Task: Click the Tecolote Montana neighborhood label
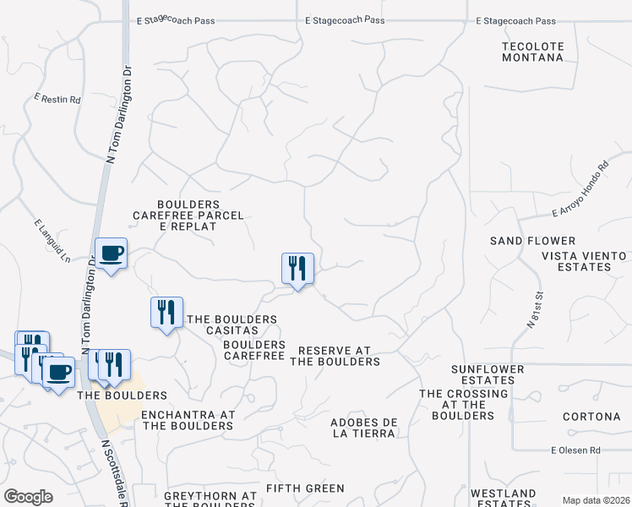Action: click(532, 51)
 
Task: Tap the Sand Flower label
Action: click(532, 241)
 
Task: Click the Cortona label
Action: click(591, 417)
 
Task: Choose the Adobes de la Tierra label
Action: click(362, 428)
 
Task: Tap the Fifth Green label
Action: click(305, 488)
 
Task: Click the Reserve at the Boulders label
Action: click(335, 356)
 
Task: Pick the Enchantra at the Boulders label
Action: click(188, 420)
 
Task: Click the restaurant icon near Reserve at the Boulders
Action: click(297, 269)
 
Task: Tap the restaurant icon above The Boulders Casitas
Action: click(166, 312)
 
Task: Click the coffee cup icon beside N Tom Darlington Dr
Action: click(111, 253)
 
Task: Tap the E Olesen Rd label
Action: click(575, 450)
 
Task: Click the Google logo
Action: click(29, 496)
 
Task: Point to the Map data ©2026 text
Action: click(595, 500)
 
